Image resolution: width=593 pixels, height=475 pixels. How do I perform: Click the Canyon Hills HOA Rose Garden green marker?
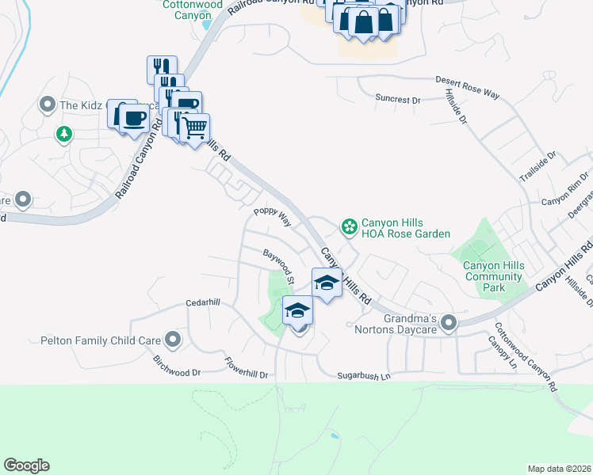(348, 227)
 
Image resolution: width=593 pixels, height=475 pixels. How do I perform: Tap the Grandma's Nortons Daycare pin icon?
(450, 321)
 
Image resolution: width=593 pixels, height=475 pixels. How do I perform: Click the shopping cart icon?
(194, 127)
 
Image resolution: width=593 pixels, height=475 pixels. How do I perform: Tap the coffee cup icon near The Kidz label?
(133, 118)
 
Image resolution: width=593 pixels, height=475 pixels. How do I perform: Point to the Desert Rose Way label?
(468, 87)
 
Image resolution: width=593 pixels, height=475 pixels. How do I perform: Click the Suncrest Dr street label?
(398, 100)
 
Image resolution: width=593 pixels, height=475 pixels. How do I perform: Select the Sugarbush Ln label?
(365, 376)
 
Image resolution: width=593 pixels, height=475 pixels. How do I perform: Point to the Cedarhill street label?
(202, 302)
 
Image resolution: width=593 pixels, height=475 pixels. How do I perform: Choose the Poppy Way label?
(272, 218)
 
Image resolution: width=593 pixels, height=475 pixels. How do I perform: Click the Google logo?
(26, 465)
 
